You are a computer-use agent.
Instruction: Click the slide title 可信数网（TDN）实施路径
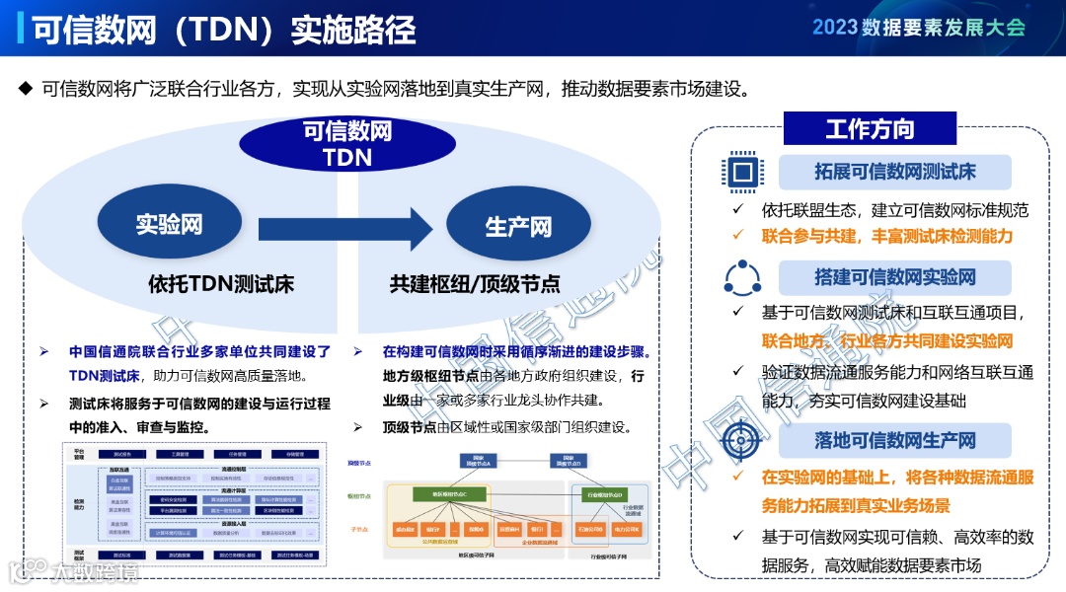click(223, 30)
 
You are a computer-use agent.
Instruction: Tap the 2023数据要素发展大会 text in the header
click(919, 28)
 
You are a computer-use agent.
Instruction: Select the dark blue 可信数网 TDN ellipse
click(346, 143)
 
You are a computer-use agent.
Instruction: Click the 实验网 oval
click(169, 225)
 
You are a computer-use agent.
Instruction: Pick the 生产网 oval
click(517, 227)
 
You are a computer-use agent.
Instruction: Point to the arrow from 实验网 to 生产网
click(344, 228)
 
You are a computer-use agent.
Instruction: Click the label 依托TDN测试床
click(221, 285)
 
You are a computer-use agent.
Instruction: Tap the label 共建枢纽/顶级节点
click(474, 285)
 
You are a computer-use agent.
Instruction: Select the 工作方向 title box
click(870, 128)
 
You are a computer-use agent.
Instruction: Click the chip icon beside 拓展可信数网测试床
click(743, 172)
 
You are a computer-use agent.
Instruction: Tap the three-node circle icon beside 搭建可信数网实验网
click(743, 278)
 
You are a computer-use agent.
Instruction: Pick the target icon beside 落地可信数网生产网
click(743, 440)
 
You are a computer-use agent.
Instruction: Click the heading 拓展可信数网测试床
click(894, 172)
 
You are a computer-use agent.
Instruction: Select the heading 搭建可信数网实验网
click(894, 278)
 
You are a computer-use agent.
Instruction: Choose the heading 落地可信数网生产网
click(894, 440)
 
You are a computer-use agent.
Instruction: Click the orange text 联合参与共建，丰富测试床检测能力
click(886, 236)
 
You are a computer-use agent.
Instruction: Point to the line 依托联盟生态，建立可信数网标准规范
click(894, 210)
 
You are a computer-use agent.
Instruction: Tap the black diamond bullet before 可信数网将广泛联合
click(26, 89)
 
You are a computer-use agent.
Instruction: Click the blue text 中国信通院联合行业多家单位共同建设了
click(199, 351)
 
